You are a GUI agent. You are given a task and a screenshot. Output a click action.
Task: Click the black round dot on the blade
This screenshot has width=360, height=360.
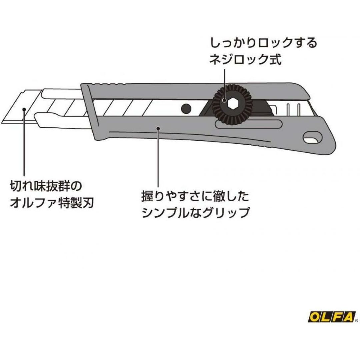click(x=186, y=108)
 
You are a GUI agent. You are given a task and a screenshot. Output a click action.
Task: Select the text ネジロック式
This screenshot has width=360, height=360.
click(x=246, y=60)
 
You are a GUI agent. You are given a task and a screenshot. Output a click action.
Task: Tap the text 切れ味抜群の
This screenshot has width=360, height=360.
click(x=45, y=185)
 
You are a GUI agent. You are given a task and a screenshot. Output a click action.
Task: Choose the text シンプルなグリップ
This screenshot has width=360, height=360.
click(x=196, y=213)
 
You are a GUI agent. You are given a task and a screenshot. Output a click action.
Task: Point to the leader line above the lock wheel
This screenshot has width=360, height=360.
click(x=225, y=78)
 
